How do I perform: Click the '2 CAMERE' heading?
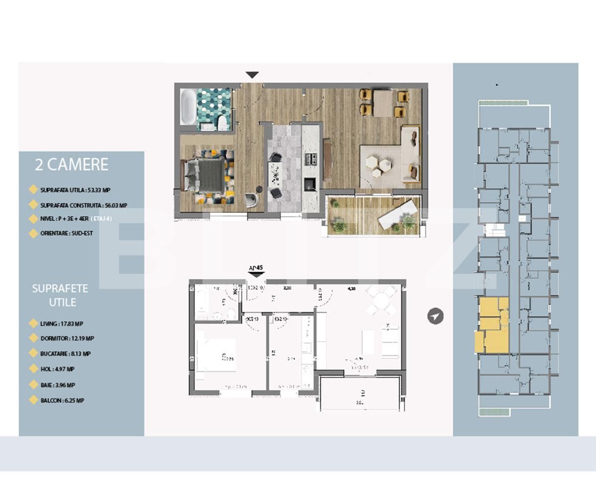[72, 165]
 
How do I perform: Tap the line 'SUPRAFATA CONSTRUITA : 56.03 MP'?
[83, 205]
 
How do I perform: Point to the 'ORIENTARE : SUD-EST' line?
[67, 233]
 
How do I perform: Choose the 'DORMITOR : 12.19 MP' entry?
[67, 338]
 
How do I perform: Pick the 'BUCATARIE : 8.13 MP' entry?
[66, 354]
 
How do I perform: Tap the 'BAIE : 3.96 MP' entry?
[58, 385]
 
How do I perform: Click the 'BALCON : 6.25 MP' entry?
[62, 400]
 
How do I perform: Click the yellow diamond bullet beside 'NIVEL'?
[33, 219]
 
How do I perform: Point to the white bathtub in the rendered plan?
[187, 106]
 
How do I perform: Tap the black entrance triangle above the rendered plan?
[252, 75]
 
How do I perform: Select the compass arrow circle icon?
[436, 316]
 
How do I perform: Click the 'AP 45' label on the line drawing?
[255, 268]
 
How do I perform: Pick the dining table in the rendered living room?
[382, 103]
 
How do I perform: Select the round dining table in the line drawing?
[381, 301]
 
